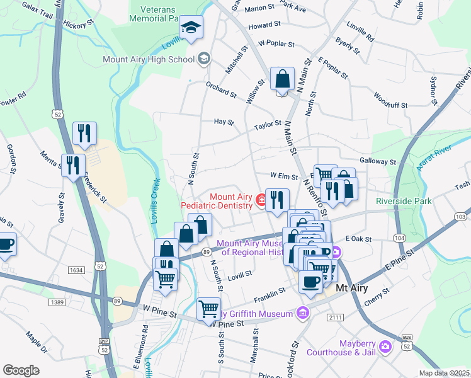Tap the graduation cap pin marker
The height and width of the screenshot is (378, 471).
pos(191,28)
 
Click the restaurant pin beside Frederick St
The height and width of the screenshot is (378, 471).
pos(74,166)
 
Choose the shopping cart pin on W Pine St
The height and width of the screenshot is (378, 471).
pos(208,309)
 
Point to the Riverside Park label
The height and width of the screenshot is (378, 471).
pos(404,201)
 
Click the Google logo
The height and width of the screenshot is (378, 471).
pos(21,370)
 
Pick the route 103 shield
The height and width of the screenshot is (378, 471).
pos(460,216)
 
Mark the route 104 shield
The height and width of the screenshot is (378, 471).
pos(399,238)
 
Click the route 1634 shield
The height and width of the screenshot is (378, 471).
pos(76,270)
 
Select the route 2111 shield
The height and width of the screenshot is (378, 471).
pos(335,318)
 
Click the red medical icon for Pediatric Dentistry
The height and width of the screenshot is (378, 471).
pos(261,201)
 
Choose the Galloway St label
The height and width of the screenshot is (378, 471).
pos(378,162)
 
